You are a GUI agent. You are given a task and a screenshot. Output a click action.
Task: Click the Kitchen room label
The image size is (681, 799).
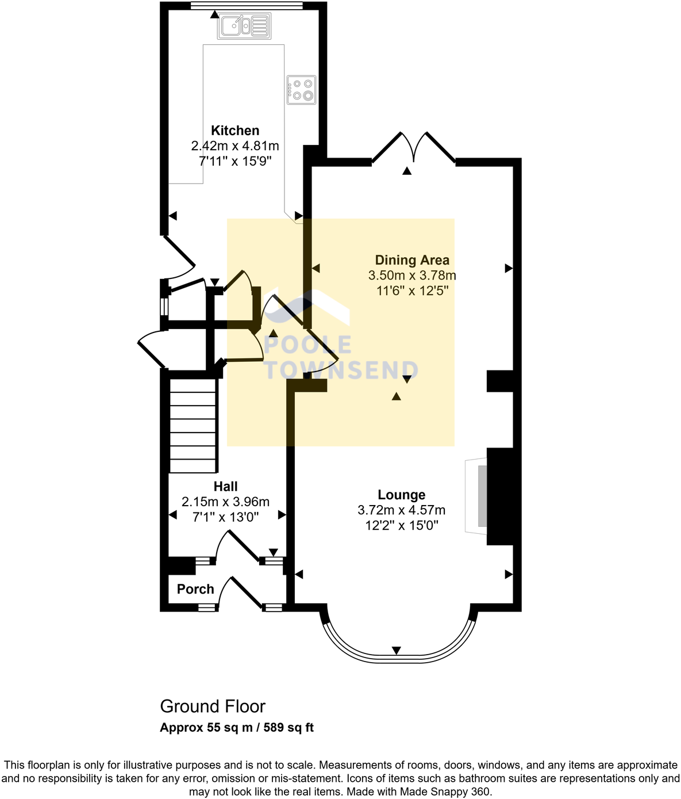(235, 131)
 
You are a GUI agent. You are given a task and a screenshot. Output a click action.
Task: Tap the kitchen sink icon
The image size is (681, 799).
(244, 26)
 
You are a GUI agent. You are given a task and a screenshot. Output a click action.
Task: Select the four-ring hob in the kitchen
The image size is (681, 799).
(302, 90)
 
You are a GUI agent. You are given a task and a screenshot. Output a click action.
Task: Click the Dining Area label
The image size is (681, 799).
(412, 260)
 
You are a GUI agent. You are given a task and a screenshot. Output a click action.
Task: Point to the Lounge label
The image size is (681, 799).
(401, 495)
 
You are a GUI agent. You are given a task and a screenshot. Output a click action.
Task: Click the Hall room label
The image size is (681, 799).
(225, 486)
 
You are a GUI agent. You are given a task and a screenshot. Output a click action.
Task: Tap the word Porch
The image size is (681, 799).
(195, 589)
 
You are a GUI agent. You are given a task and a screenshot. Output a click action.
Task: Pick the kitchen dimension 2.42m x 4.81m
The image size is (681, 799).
(235, 146)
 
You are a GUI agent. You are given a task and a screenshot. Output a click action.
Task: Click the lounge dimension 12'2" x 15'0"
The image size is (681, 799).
(401, 525)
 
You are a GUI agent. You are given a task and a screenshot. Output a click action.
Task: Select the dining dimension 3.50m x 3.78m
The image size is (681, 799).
(412, 276)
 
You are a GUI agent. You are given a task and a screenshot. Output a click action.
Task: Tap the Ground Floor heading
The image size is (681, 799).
(213, 706)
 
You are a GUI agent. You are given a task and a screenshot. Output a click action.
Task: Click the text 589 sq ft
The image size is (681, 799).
(288, 728)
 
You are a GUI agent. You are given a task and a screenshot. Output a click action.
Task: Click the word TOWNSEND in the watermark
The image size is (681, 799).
(341, 370)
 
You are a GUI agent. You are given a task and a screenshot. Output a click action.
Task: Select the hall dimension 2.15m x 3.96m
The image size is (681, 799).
(225, 502)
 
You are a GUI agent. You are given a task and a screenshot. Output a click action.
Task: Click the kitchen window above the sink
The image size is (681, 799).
(247, 6)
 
